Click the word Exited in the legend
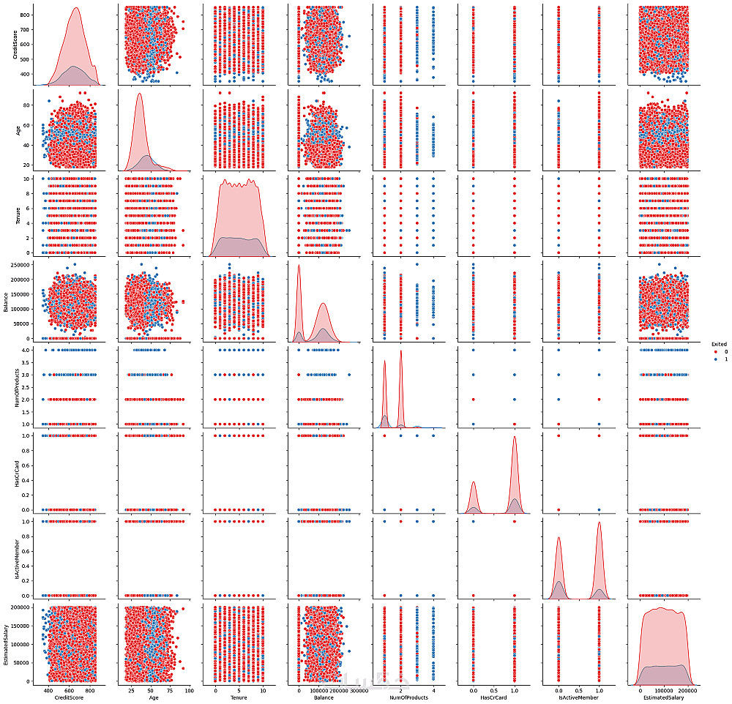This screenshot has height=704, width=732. pos(718,343)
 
